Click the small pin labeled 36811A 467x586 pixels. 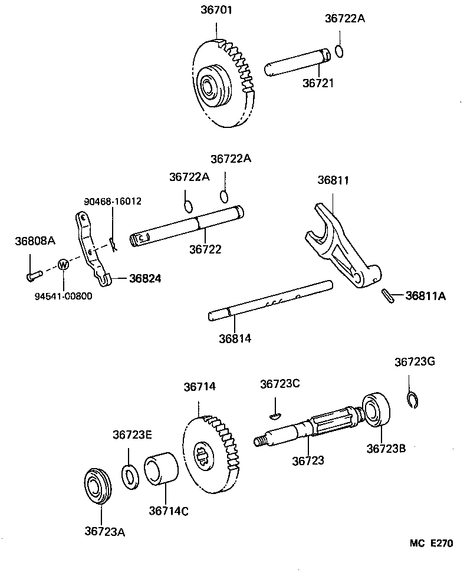387,297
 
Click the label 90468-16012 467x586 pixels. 113,202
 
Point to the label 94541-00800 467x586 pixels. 63,296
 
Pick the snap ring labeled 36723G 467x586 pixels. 412,400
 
